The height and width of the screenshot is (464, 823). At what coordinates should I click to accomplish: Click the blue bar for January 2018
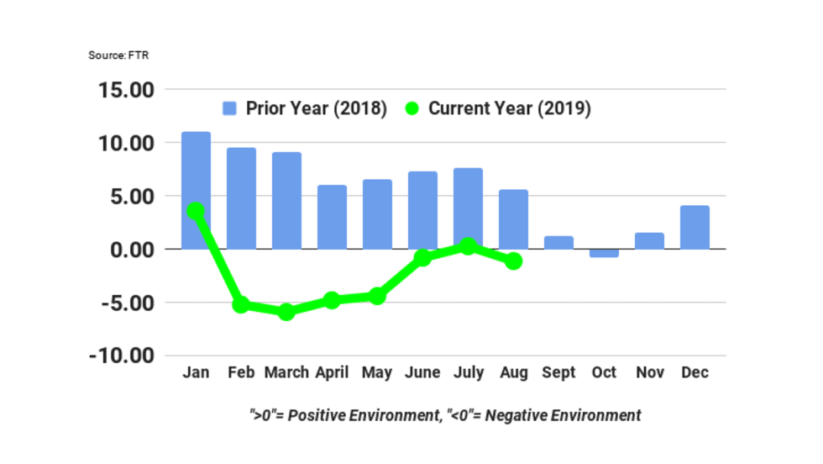[x=196, y=168]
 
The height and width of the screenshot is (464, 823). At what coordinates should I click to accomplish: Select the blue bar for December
[x=695, y=227]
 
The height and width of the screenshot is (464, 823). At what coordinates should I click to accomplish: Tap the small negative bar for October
[x=604, y=253]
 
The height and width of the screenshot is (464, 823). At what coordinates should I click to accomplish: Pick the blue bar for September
[x=558, y=242]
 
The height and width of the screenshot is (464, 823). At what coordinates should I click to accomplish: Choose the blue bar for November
[x=649, y=240]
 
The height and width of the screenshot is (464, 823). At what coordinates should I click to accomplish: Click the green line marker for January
[x=196, y=210]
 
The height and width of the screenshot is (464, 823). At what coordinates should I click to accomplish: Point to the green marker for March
[x=286, y=311]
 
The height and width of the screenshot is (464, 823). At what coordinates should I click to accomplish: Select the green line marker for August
[x=513, y=261]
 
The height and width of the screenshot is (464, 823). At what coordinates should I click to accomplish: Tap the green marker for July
[x=468, y=246]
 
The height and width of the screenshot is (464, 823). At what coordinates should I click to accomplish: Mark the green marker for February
[x=241, y=304]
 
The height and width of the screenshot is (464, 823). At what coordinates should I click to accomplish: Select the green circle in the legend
[x=411, y=108]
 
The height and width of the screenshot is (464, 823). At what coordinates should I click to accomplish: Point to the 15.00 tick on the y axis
[x=123, y=90]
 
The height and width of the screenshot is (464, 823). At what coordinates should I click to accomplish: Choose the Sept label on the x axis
[x=558, y=372]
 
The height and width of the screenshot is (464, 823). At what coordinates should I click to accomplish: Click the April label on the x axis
[x=332, y=372]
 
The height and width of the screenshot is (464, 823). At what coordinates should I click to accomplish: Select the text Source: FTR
[x=118, y=55]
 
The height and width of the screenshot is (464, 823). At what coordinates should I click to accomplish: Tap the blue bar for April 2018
[x=332, y=217]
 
